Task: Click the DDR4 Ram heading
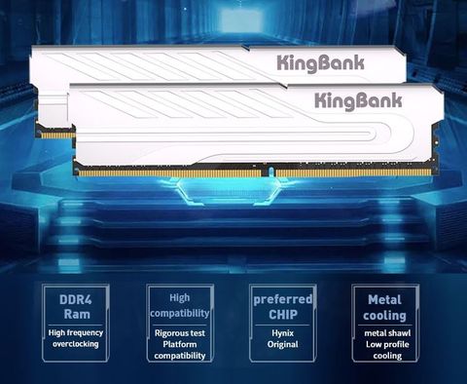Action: click(76, 306)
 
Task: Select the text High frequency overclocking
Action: click(76, 338)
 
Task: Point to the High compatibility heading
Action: click(179, 306)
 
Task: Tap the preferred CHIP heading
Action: click(281, 306)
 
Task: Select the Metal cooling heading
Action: click(384, 307)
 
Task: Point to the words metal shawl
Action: click(385, 332)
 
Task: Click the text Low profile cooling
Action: click(385, 350)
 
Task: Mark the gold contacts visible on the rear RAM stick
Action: click(56, 134)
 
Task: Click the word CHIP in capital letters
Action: click(281, 315)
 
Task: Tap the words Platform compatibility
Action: click(179, 350)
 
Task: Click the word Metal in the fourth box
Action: click(384, 299)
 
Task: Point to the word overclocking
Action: click(76, 344)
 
